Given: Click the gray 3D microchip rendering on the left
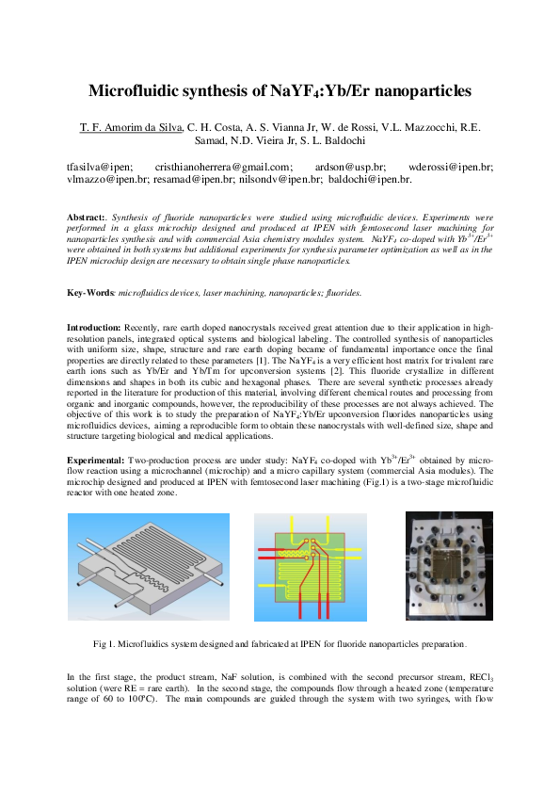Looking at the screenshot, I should pos(149,567).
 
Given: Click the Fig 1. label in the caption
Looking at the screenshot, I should pos(104,644).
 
